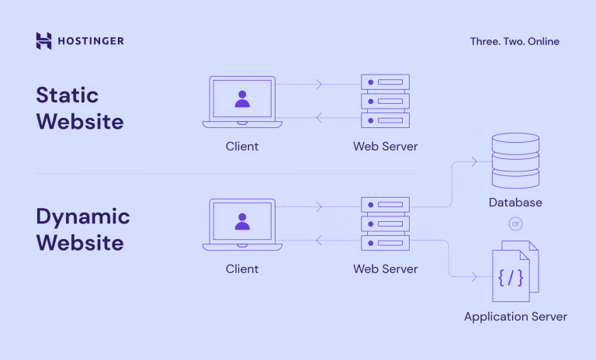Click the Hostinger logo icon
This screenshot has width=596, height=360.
[43, 41]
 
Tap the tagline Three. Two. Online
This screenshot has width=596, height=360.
[514, 41]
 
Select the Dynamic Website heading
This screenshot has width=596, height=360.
[82, 229]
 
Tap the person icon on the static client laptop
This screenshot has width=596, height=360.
[242, 99]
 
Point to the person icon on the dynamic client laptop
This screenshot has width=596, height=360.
[242, 221]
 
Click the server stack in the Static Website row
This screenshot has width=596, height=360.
[385, 102]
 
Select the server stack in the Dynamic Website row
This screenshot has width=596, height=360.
[385, 224]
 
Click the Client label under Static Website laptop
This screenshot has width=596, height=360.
[242, 146]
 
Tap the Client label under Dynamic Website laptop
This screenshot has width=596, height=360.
[242, 269]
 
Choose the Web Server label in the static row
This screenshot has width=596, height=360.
[385, 146]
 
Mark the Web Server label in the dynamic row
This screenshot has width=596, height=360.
[385, 269]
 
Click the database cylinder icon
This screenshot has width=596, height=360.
[515, 161]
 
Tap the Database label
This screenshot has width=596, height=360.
[515, 202]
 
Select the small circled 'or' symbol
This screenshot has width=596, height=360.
[515, 223]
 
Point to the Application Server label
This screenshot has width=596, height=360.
[515, 317]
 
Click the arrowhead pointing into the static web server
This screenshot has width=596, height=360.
[320, 85]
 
